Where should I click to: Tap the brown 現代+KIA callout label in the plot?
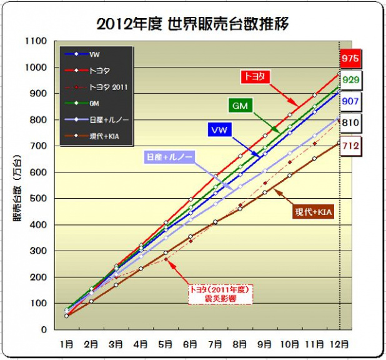[314, 213]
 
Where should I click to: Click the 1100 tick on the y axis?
[37, 41]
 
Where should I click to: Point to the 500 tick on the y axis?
[39, 198]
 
